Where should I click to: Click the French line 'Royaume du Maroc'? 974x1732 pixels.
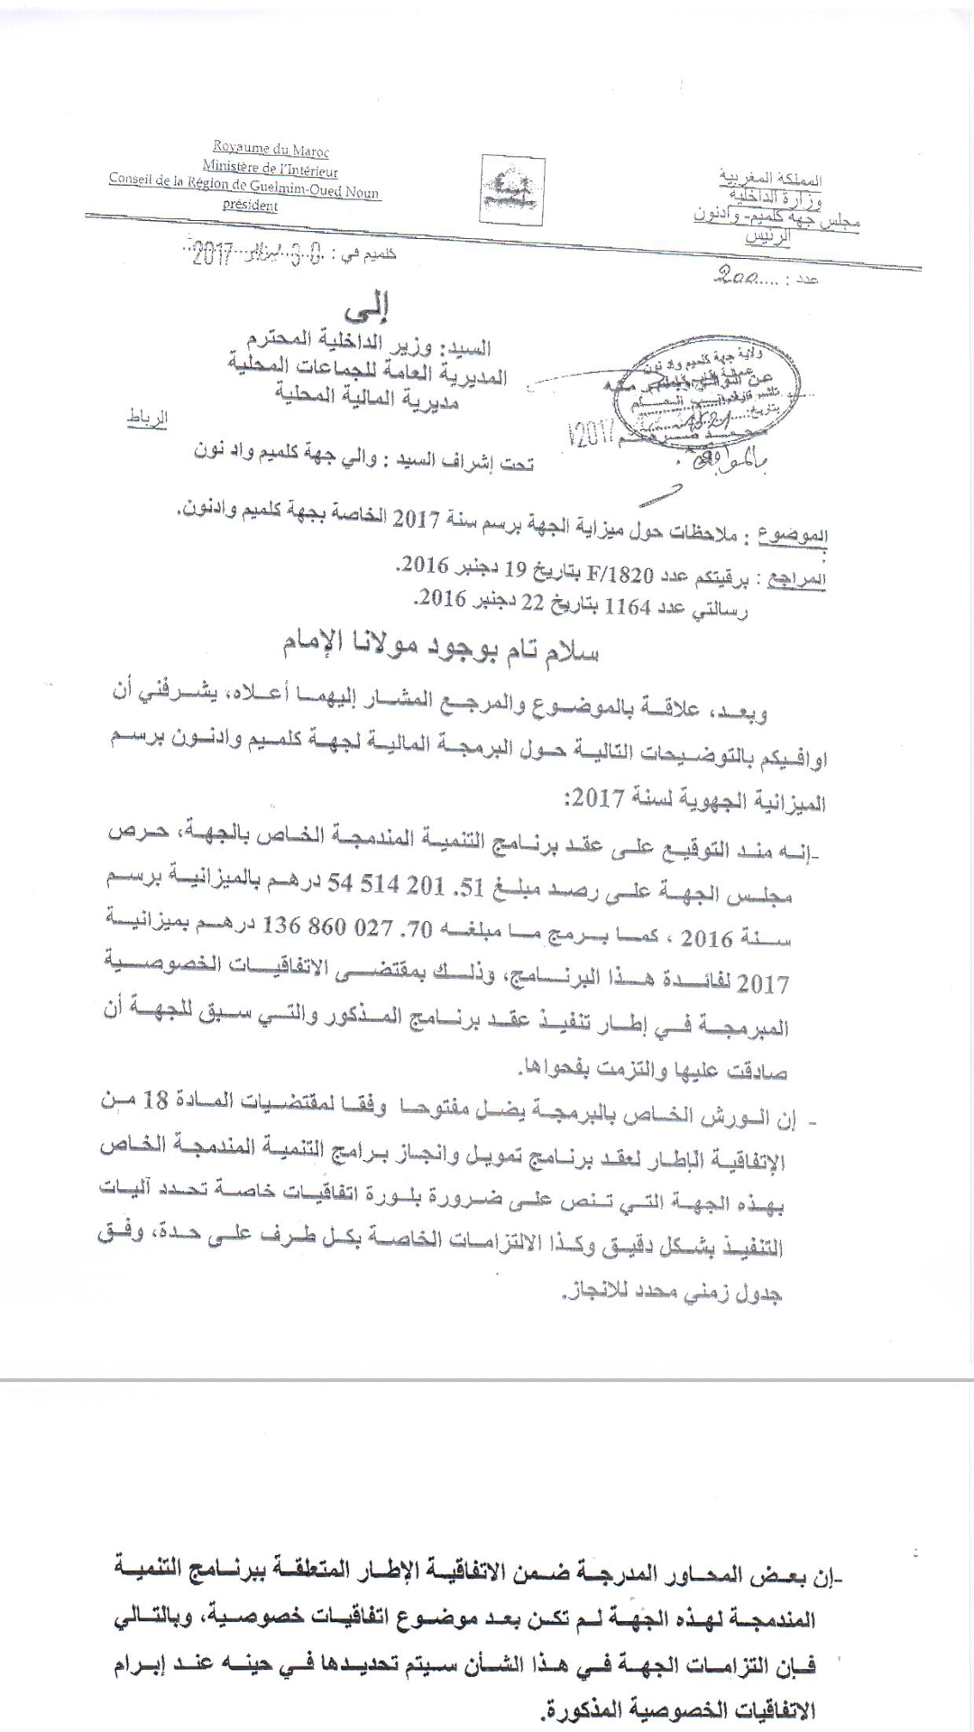click(x=271, y=150)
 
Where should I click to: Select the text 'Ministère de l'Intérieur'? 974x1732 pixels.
click(x=270, y=169)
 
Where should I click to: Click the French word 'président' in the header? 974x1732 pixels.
click(x=251, y=206)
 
